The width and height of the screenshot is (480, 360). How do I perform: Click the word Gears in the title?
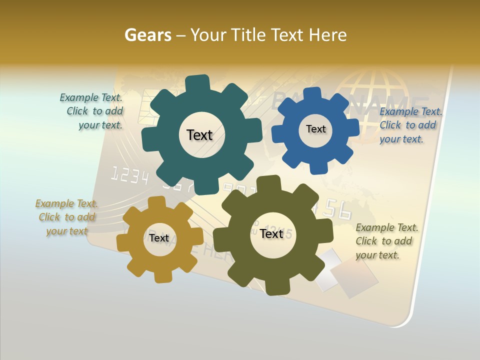[147, 35]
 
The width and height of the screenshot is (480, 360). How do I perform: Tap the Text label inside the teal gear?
[199, 135]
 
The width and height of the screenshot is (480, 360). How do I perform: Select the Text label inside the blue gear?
[315, 129]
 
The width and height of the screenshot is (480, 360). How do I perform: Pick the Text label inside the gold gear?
[159, 238]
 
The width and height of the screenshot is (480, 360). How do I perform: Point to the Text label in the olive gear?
[271, 234]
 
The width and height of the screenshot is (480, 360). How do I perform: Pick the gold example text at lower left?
[67, 217]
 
